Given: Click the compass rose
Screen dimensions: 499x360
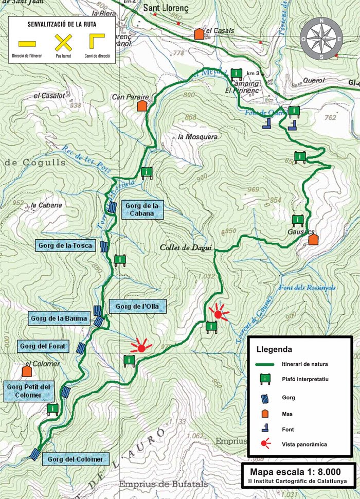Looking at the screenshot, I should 321,38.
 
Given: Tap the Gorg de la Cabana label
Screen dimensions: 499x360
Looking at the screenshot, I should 142,210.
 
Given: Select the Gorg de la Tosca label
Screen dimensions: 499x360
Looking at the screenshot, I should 65,246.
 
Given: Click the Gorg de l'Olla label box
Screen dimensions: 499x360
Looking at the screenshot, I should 137,307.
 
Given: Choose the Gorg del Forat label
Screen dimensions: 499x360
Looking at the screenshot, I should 43,346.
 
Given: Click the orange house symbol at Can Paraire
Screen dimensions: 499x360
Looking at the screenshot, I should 142,106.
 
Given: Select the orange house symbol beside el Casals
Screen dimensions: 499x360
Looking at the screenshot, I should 199,34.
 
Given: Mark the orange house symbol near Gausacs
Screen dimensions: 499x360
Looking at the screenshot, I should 313,240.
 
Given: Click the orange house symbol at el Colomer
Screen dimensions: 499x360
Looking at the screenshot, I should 27,371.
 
